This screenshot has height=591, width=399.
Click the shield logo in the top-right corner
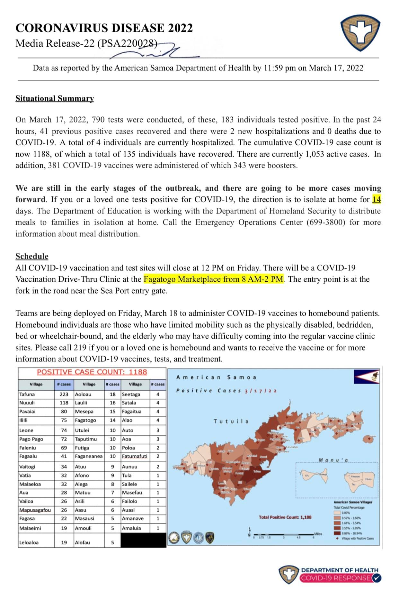[x=360, y=35]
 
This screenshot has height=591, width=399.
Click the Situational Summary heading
[x=55, y=98]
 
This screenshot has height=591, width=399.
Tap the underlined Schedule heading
[x=32, y=256]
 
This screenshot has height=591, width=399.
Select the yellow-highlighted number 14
[x=376, y=199]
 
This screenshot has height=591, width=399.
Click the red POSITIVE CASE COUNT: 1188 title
[x=92, y=372]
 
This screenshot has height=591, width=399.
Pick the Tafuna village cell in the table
[x=27, y=394]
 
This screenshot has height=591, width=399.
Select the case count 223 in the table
[x=64, y=394]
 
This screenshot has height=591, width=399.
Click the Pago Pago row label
[x=31, y=439]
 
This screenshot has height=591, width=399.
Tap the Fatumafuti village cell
[x=135, y=456]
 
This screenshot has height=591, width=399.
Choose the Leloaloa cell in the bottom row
[x=29, y=542]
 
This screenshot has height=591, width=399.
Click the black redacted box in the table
[x=143, y=540]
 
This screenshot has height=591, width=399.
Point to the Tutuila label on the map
[x=231, y=421]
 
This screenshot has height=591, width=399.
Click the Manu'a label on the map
[x=333, y=460]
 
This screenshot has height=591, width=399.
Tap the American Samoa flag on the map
[x=367, y=377]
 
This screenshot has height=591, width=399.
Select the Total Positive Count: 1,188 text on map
[x=285, y=517]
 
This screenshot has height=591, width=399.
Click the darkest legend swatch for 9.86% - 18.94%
[x=337, y=532]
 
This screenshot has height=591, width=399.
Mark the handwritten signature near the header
[x=151, y=51]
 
